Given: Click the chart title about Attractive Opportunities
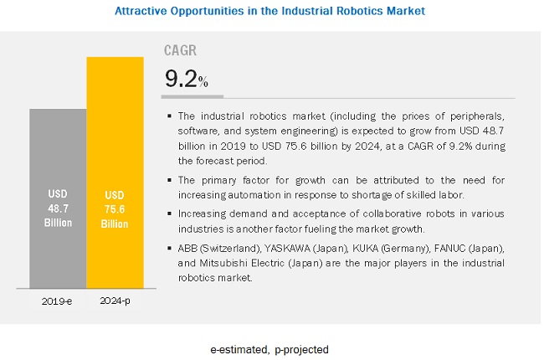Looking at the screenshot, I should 269,11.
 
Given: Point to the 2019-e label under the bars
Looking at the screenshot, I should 58,300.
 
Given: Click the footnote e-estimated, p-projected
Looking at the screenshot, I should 269,348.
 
